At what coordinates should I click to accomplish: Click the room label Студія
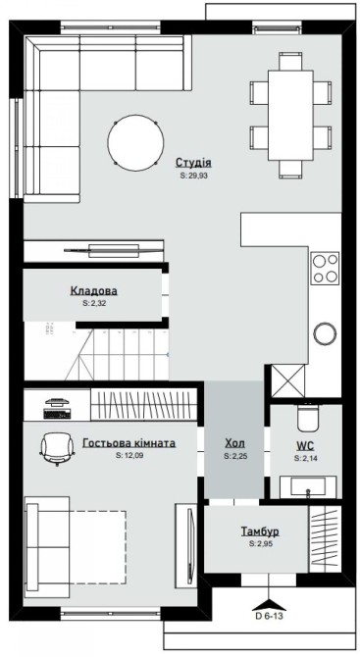point(193,163)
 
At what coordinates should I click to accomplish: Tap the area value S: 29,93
point(193,176)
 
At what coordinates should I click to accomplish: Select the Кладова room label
point(94,290)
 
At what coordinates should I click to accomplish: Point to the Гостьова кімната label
point(129,443)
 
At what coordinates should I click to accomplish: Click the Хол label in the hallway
point(234,443)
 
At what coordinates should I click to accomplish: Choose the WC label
point(305,446)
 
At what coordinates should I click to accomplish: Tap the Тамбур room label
point(260,531)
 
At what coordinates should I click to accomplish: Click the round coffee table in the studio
point(135,142)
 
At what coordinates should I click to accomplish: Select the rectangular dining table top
point(290,116)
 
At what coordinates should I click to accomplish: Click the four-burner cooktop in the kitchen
point(325,268)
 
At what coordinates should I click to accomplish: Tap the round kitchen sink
point(325,334)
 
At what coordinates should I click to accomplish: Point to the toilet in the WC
point(308,417)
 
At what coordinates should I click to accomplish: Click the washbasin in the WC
point(308,487)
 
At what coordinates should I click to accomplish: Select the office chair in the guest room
point(57,448)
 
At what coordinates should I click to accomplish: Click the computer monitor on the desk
point(57,402)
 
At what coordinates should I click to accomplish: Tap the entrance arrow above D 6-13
point(269,604)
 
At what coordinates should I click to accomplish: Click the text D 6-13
point(270,616)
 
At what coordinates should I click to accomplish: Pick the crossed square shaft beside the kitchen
point(288,380)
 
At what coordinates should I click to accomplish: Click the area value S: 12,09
point(129,455)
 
